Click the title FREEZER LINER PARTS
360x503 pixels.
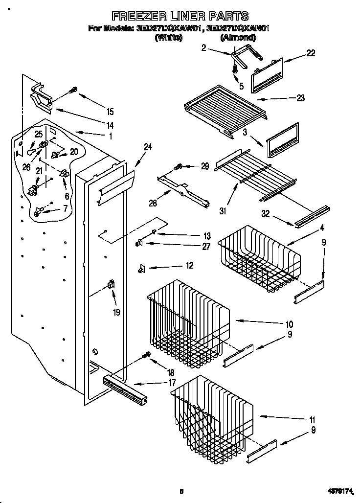click(180, 16)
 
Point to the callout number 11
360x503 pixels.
click(312, 420)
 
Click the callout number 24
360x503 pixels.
click(148, 146)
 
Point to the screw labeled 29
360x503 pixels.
click(179, 167)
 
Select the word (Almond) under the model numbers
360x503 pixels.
click(237, 37)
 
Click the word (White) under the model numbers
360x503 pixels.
click(168, 37)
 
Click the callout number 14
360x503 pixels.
click(110, 124)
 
